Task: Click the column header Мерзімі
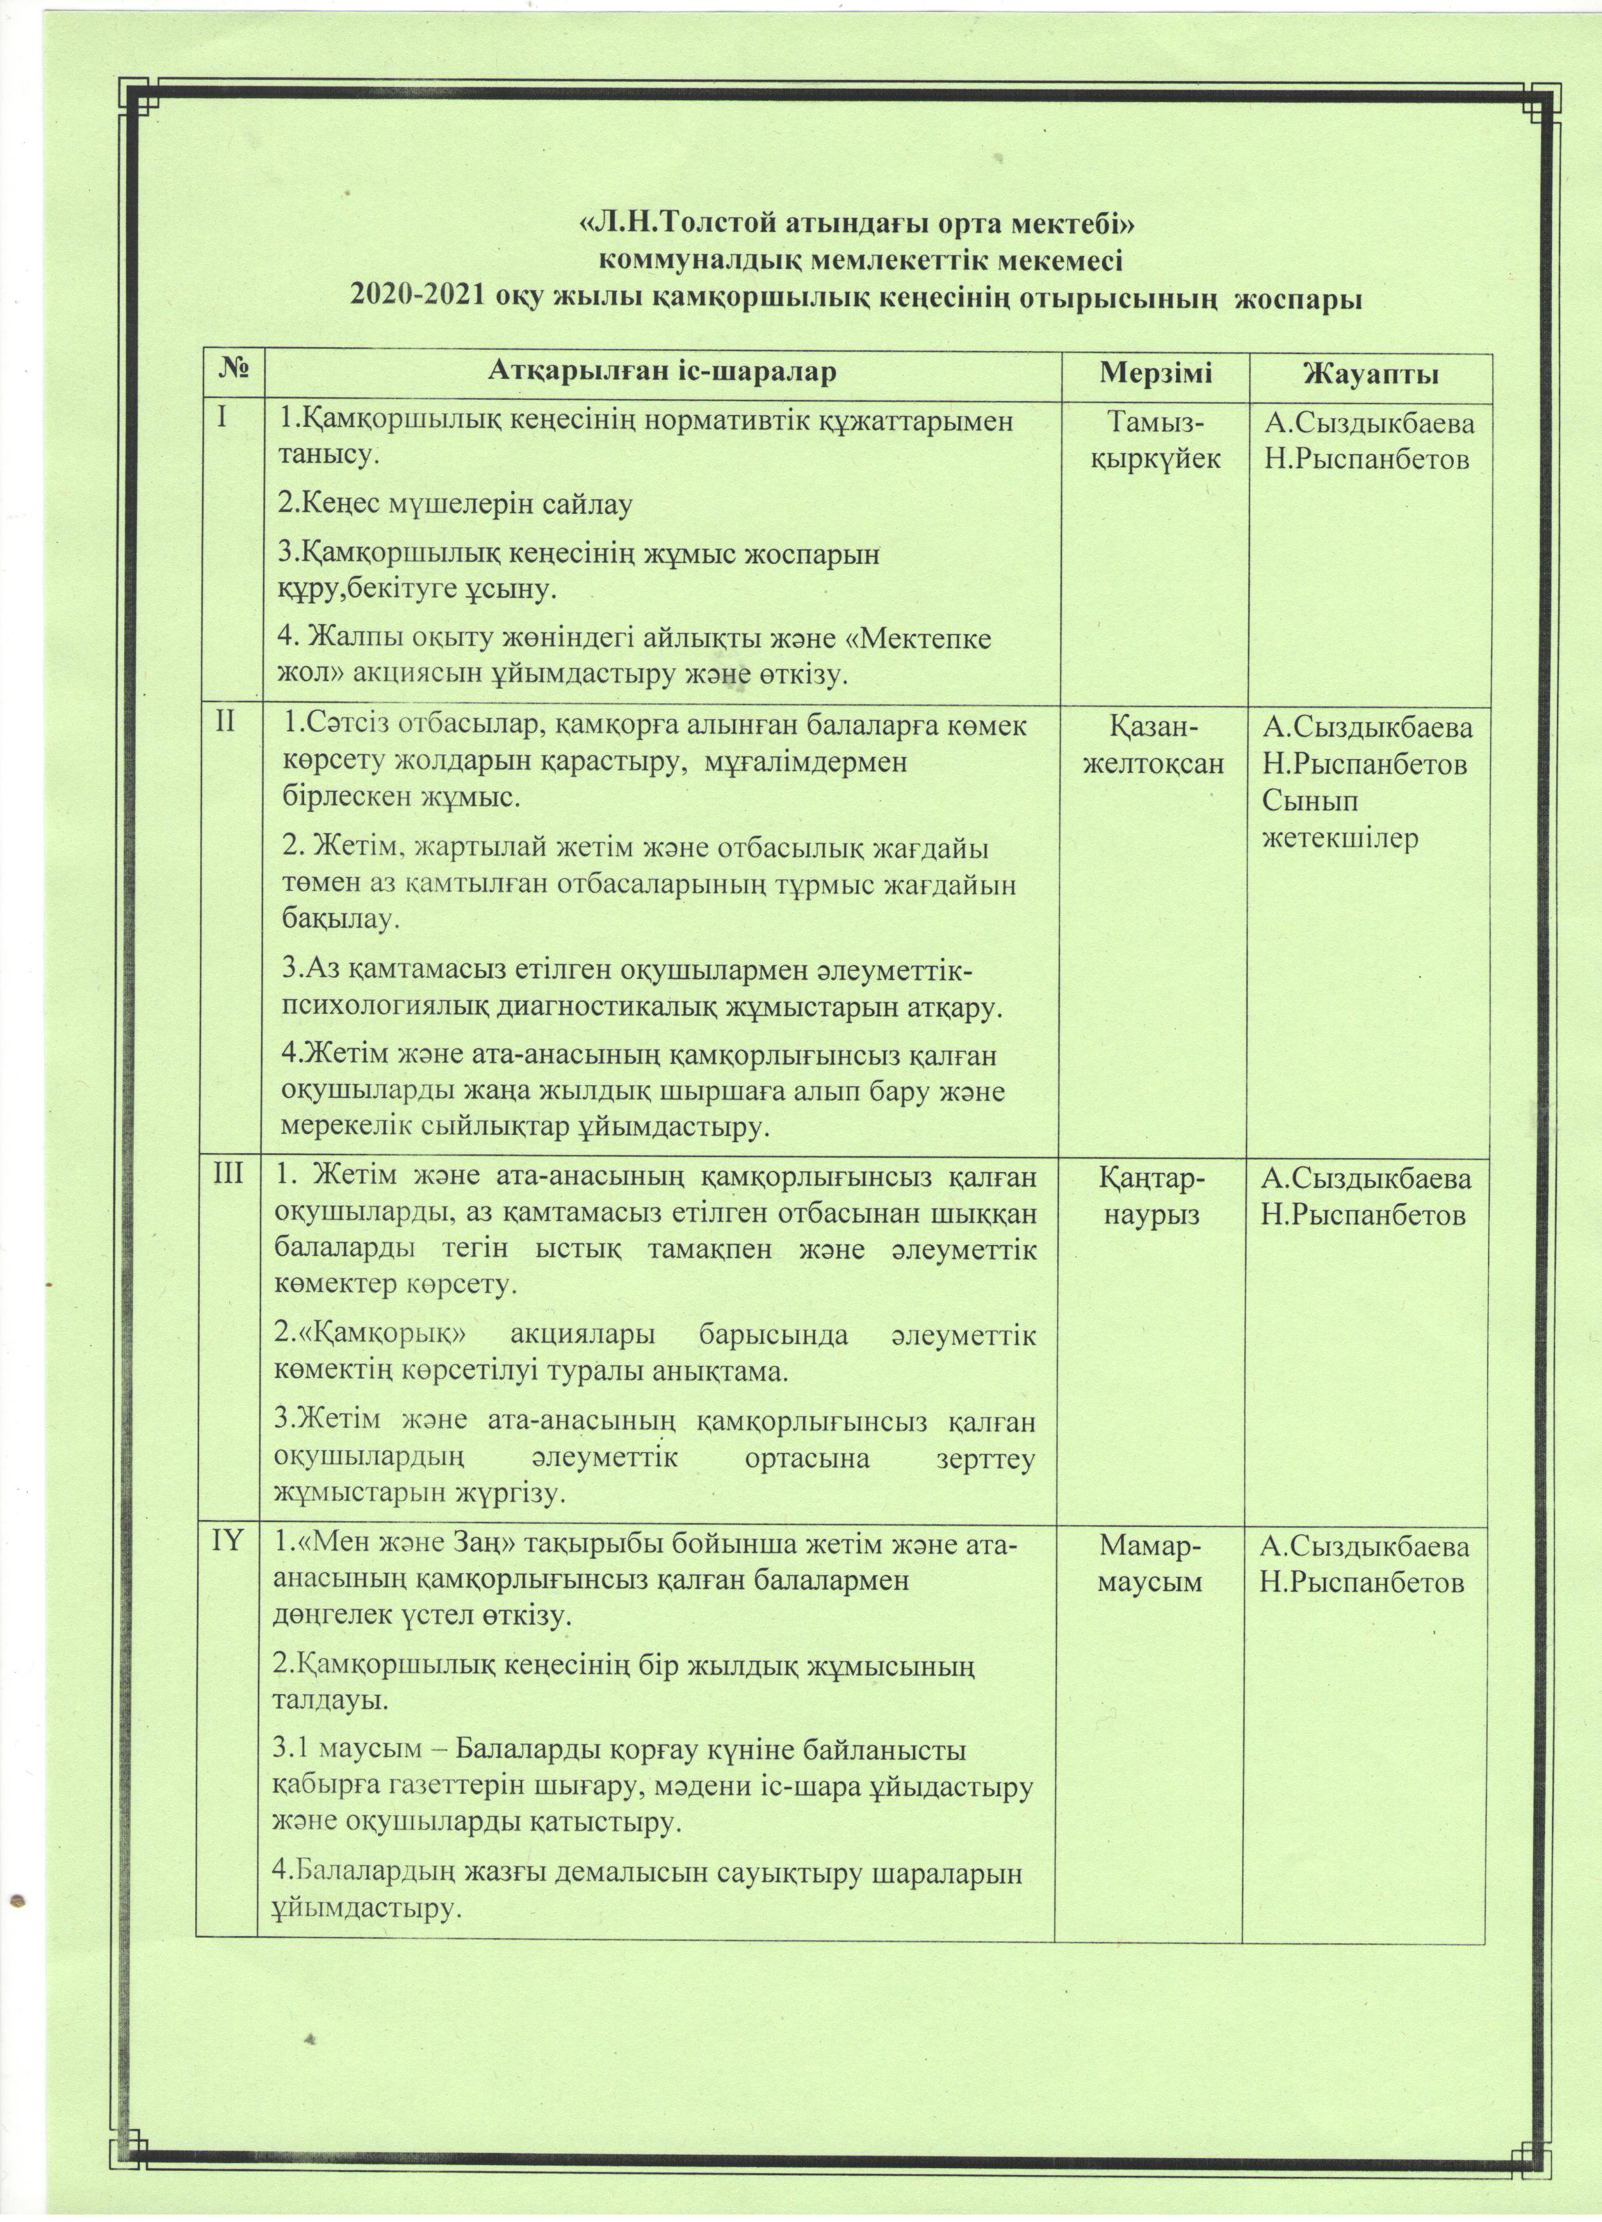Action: [1155, 373]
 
